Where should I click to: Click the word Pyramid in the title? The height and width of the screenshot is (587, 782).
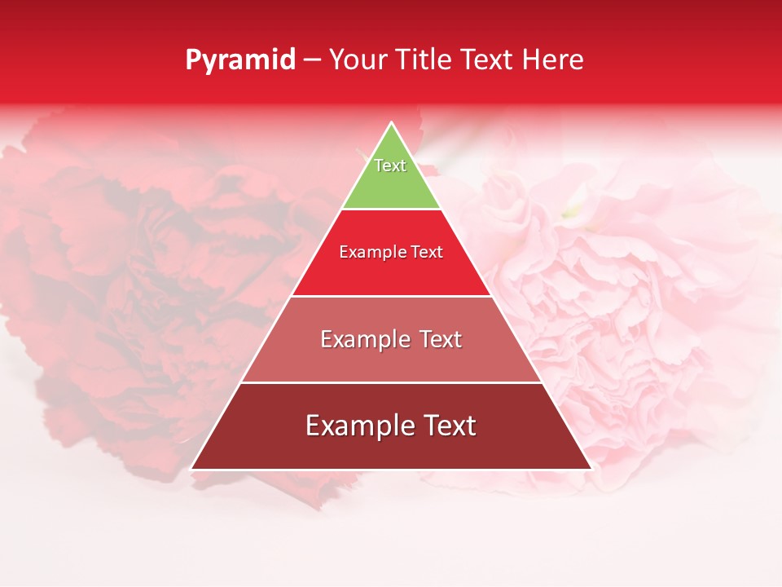pyautogui.click(x=240, y=60)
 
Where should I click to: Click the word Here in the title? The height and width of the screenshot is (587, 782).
pyautogui.click(x=553, y=60)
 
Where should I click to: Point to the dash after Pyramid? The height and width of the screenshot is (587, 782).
pyautogui.click(x=312, y=60)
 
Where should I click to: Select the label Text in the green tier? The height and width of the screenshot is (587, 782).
pyautogui.click(x=390, y=166)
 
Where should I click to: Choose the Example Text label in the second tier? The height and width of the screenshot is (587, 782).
pyautogui.click(x=391, y=252)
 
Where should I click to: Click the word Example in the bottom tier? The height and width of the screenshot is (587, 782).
pyautogui.click(x=357, y=426)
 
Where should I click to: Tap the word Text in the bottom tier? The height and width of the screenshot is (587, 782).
pyautogui.click(x=448, y=426)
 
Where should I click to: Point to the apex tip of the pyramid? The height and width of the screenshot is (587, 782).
pyautogui.click(x=391, y=124)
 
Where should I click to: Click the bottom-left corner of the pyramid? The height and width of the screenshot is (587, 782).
pyautogui.click(x=192, y=468)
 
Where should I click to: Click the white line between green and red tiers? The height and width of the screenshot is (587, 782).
pyautogui.click(x=391, y=209)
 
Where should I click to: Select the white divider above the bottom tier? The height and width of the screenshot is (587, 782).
pyautogui.click(x=391, y=382)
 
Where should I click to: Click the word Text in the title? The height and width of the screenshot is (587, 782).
pyautogui.click(x=489, y=60)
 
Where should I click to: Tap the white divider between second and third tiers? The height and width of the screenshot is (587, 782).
pyautogui.click(x=391, y=296)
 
